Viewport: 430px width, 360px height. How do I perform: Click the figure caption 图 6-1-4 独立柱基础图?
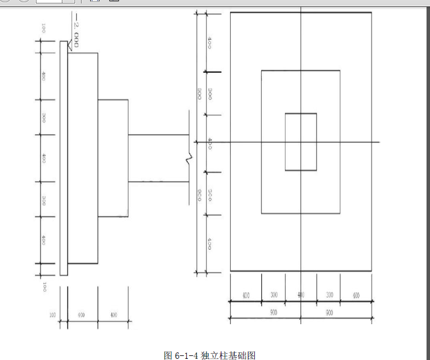click(x=209, y=354)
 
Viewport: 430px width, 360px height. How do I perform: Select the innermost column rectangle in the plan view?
click(x=301, y=142)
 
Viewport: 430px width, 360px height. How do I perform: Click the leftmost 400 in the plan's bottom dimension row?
click(x=246, y=295)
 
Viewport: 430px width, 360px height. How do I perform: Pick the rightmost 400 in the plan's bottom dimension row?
click(x=355, y=295)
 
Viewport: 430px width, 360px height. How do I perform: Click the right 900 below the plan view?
click(x=329, y=313)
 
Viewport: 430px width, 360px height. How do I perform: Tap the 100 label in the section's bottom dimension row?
click(x=53, y=315)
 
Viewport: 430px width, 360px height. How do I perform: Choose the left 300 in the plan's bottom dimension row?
click(x=274, y=295)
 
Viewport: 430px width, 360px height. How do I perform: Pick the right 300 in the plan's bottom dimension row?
click(x=329, y=295)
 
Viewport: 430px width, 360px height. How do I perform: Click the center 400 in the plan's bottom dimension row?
click(x=301, y=295)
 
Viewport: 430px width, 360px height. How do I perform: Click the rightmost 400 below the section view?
click(x=113, y=315)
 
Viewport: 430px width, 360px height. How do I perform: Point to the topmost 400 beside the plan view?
click(x=209, y=43)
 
